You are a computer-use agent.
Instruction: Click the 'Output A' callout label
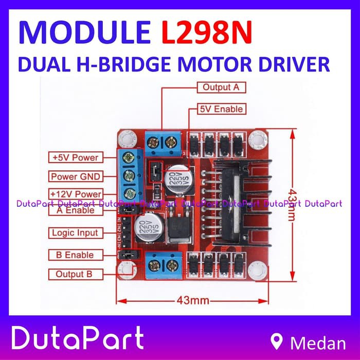coord(221,87)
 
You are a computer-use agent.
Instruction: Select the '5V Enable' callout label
coord(221,109)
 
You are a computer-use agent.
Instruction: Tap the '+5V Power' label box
coord(75,157)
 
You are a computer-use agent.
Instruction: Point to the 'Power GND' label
coord(75,176)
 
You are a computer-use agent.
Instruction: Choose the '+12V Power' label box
coord(75,194)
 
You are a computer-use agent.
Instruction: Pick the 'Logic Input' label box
coord(75,233)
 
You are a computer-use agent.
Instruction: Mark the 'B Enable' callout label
coord(75,255)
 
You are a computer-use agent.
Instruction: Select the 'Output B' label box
coord(75,274)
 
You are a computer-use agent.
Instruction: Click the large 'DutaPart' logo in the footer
coord(77,339)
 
